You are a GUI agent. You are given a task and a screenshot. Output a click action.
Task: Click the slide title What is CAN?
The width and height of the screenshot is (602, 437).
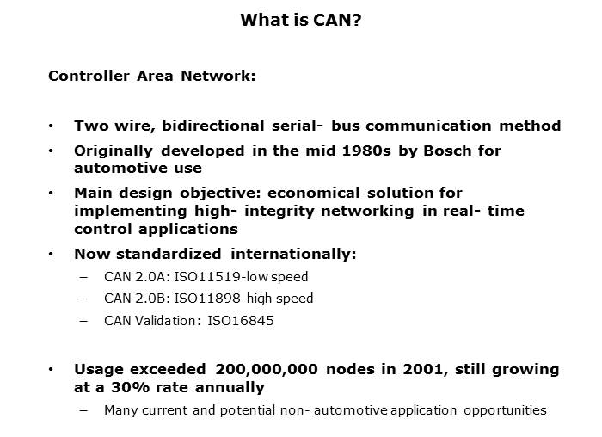click(x=300, y=19)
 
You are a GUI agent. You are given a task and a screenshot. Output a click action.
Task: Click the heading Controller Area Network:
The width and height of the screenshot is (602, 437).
click(x=151, y=76)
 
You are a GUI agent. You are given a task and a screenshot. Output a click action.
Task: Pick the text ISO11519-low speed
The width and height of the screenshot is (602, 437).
click(x=255, y=277)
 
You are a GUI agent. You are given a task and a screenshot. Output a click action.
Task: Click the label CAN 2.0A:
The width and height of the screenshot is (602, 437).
click(x=131, y=277)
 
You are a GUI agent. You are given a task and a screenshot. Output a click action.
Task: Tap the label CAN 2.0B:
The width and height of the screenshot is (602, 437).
click(x=131, y=299)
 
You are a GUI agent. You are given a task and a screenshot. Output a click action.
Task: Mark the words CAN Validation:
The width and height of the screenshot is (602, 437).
click(x=150, y=321)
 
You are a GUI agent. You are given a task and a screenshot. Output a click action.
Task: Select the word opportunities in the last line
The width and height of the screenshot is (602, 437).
click(x=504, y=410)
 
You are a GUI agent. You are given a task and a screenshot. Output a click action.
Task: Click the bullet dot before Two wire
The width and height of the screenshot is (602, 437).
click(x=52, y=126)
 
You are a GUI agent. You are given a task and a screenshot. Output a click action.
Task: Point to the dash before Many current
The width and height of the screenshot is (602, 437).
click(x=83, y=410)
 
